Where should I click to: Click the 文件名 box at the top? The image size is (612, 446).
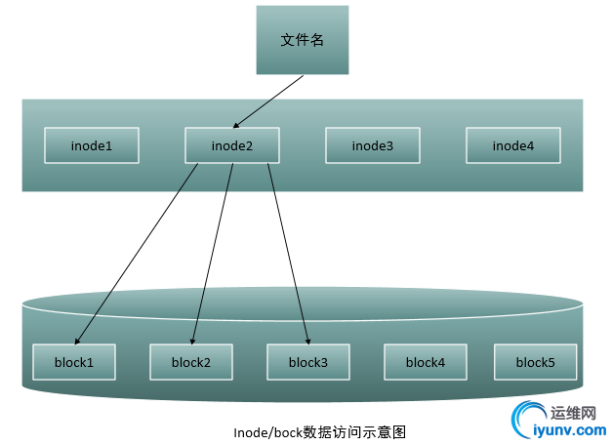click(x=302, y=40)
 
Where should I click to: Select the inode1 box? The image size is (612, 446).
click(x=92, y=145)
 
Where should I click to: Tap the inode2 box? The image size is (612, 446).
click(x=232, y=145)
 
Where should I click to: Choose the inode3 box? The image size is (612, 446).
click(x=373, y=145)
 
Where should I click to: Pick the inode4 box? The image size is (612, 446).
click(x=513, y=145)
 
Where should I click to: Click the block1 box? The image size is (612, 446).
click(x=74, y=362)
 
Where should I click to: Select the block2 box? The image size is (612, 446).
click(x=190, y=362)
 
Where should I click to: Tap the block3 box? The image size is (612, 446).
click(x=307, y=362)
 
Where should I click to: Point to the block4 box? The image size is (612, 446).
click(x=425, y=362)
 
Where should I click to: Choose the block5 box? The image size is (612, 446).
click(x=535, y=362)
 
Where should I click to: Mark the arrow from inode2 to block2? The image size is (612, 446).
click(x=212, y=254)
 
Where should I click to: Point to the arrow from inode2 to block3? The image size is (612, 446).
click(x=289, y=254)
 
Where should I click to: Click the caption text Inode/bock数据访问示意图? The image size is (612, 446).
click(x=319, y=431)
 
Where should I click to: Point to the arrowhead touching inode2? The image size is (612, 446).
click(x=237, y=124)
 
